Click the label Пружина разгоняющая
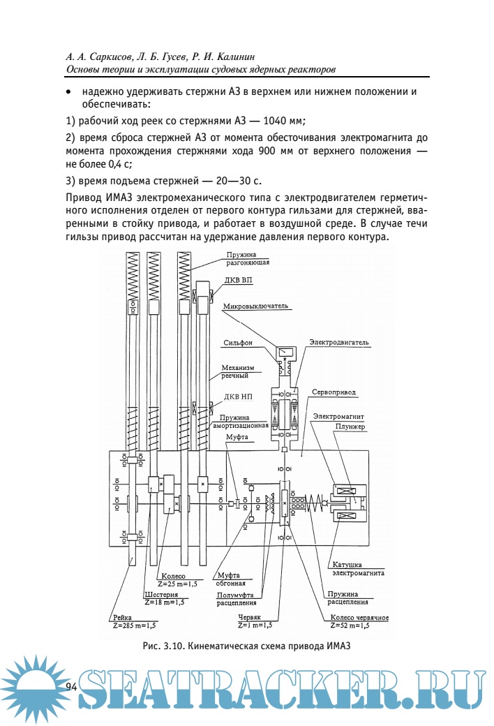click(x=247, y=260)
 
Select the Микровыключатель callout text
click(x=255, y=306)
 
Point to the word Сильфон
click(x=239, y=343)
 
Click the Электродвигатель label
click(x=338, y=343)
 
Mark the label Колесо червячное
click(x=359, y=618)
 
